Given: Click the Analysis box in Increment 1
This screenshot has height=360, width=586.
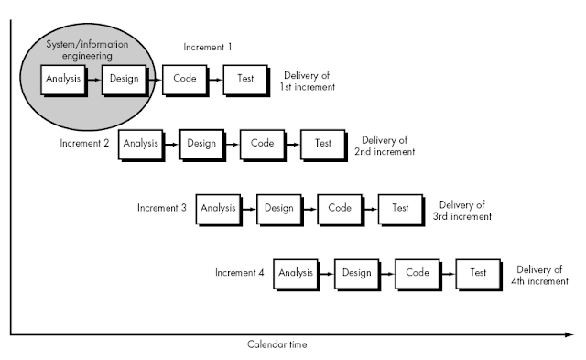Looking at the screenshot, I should (63, 80).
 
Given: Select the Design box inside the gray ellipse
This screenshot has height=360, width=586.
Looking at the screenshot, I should (123, 80).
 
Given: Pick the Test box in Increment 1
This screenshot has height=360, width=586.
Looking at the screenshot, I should (244, 80).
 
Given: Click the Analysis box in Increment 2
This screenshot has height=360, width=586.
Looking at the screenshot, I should (140, 144).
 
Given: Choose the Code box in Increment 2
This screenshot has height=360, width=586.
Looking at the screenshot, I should (262, 144).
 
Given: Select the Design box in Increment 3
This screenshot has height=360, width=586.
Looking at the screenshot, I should (278, 208).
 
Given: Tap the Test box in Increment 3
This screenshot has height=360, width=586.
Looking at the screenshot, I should (400, 208).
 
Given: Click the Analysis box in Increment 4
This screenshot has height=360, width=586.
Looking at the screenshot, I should (296, 273).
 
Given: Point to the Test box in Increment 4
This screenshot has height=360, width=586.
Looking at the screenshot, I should (477, 273).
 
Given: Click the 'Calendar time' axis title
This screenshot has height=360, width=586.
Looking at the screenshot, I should (277, 345).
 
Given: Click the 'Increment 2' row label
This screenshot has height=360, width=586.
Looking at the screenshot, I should (85, 144).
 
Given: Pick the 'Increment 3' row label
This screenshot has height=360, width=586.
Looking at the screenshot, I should (162, 208).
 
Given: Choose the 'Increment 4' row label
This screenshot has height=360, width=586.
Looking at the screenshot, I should (240, 273).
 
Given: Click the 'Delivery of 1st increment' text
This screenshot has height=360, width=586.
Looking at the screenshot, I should (309, 81).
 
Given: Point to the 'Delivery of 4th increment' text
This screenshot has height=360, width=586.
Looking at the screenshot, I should (541, 274).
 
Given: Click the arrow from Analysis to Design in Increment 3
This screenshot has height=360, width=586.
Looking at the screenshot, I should (247, 208).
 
